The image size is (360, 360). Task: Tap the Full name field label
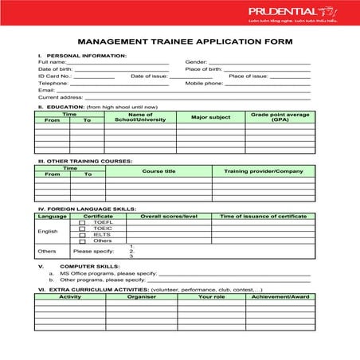[x=52, y=62]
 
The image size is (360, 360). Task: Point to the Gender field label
[x=196, y=62]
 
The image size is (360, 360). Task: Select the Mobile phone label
[x=204, y=83]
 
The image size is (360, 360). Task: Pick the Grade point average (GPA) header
[x=280, y=117]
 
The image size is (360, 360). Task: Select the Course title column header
[x=158, y=171]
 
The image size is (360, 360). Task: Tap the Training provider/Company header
[x=263, y=171]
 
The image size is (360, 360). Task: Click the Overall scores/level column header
[x=168, y=216]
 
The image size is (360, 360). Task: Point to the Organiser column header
[x=141, y=296]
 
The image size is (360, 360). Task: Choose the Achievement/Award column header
[x=280, y=296]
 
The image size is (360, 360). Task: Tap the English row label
[x=48, y=232]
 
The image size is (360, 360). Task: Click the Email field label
[x=46, y=90]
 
